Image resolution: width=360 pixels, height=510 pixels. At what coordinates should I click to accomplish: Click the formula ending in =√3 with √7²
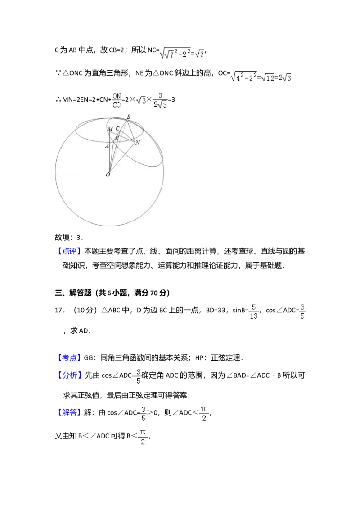(x=182, y=54)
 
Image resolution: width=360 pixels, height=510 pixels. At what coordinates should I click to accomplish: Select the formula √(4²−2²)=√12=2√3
(x=260, y=77)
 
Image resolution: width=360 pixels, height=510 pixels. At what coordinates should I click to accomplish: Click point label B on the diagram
(x=128, y=117)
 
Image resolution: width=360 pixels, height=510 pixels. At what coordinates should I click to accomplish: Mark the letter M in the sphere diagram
(x=110, y=130)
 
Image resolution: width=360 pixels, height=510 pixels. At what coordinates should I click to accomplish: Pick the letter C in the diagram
(x=117, y=129)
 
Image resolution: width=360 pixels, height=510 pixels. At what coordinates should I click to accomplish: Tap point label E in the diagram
(x=116, y=138)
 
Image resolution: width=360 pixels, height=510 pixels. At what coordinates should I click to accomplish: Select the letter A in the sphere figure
(x=107, y=146)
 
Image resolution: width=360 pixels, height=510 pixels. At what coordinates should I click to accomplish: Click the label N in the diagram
(x=138, y=143)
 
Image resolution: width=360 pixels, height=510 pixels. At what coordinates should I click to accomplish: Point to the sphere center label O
(x=108, y=175)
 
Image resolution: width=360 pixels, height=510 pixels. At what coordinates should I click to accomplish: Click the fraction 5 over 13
(x=253, y=311)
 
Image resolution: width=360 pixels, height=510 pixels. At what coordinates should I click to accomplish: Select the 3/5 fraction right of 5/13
(x=302, y=311)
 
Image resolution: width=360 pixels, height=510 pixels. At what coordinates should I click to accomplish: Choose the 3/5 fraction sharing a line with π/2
(x=142, y=414)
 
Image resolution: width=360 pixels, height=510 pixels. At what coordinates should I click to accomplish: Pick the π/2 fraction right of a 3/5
(x=204, y=414)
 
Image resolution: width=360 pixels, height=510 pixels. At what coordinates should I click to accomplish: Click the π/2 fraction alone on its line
(x=143, y=437)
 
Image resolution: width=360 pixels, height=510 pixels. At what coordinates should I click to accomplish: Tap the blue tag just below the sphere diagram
(x=70, y=251)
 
